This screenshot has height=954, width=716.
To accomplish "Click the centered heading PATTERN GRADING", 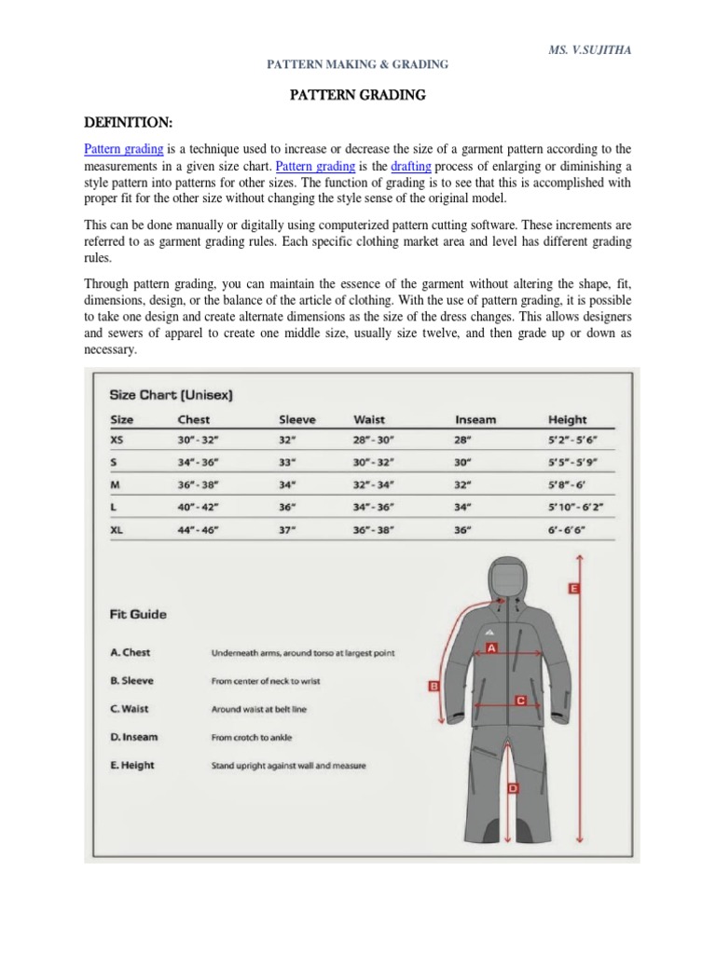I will pyautogui.click(x=359, y=95).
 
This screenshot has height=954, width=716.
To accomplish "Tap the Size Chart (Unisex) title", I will pyautogui.click(x=172, y=394).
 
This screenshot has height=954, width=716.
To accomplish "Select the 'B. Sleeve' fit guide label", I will pyautogui.click(x=132, y=681).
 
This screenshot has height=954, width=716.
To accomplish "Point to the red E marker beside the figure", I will pyautogui.click(x=573, y=589).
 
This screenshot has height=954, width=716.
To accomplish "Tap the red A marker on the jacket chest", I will pyautogui.click(x=490, y=647).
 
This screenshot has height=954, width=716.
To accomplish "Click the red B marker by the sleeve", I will pyautogui.click(x=433, y=687).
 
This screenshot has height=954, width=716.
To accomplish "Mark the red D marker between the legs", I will pyautogui.click(x=513, y=788).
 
